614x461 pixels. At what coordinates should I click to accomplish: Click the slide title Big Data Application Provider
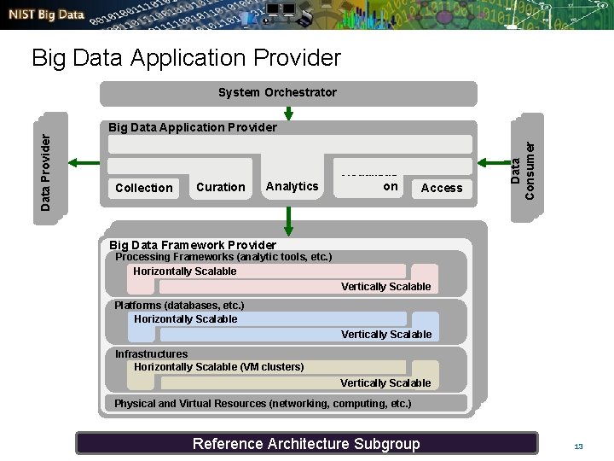click(186, 58)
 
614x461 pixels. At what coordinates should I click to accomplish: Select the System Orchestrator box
click(277, 92)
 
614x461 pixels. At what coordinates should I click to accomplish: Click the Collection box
click(143, 188)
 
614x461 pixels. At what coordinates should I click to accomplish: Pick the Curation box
click(220, 187)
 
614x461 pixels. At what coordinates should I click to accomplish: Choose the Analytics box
click(292, 186)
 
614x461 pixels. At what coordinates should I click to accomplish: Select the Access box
click(441, 188)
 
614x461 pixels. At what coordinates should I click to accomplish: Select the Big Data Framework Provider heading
click(193, 245)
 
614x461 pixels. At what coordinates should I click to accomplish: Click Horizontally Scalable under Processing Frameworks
click(185, 271)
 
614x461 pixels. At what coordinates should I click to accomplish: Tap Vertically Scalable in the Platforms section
click(386, 335)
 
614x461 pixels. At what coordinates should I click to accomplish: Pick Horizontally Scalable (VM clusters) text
click(218, 367)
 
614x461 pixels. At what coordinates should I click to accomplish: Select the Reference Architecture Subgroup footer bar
click(306, 443)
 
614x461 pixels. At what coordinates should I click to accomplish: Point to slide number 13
click(578, 446)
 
